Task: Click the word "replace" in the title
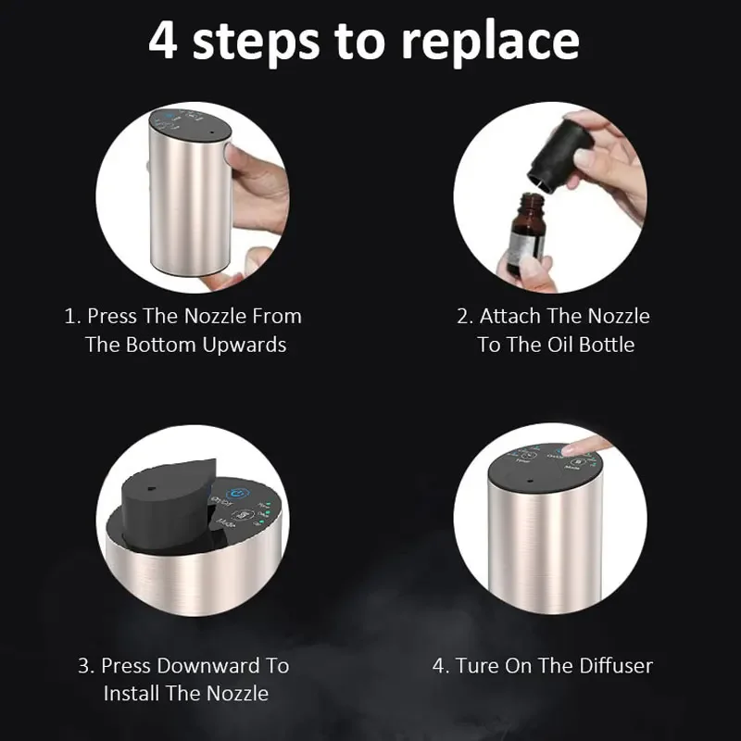490,43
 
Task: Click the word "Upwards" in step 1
244,345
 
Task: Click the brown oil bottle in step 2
526,233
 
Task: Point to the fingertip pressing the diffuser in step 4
575,447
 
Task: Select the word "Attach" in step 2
509,316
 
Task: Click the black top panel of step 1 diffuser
190,125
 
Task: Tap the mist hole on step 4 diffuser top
530,481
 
